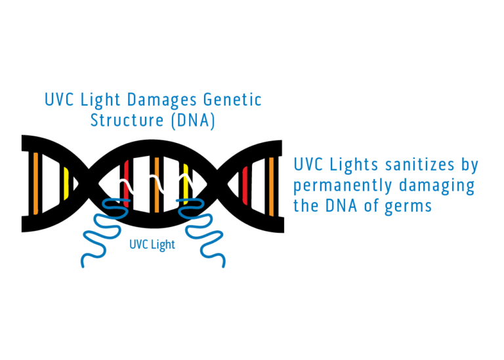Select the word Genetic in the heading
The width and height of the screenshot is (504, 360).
[x=232, y=100]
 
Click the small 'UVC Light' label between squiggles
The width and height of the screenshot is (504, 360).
[x=152, y=245]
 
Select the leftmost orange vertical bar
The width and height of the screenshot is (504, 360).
[x=35, y=184]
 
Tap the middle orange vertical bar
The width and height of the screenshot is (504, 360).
[x=157, y=185]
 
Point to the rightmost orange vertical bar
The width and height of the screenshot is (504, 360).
[x=271, y=186]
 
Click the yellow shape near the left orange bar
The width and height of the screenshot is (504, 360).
[x=66, y=184]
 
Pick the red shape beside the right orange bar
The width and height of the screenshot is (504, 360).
[x=245, y=186]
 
